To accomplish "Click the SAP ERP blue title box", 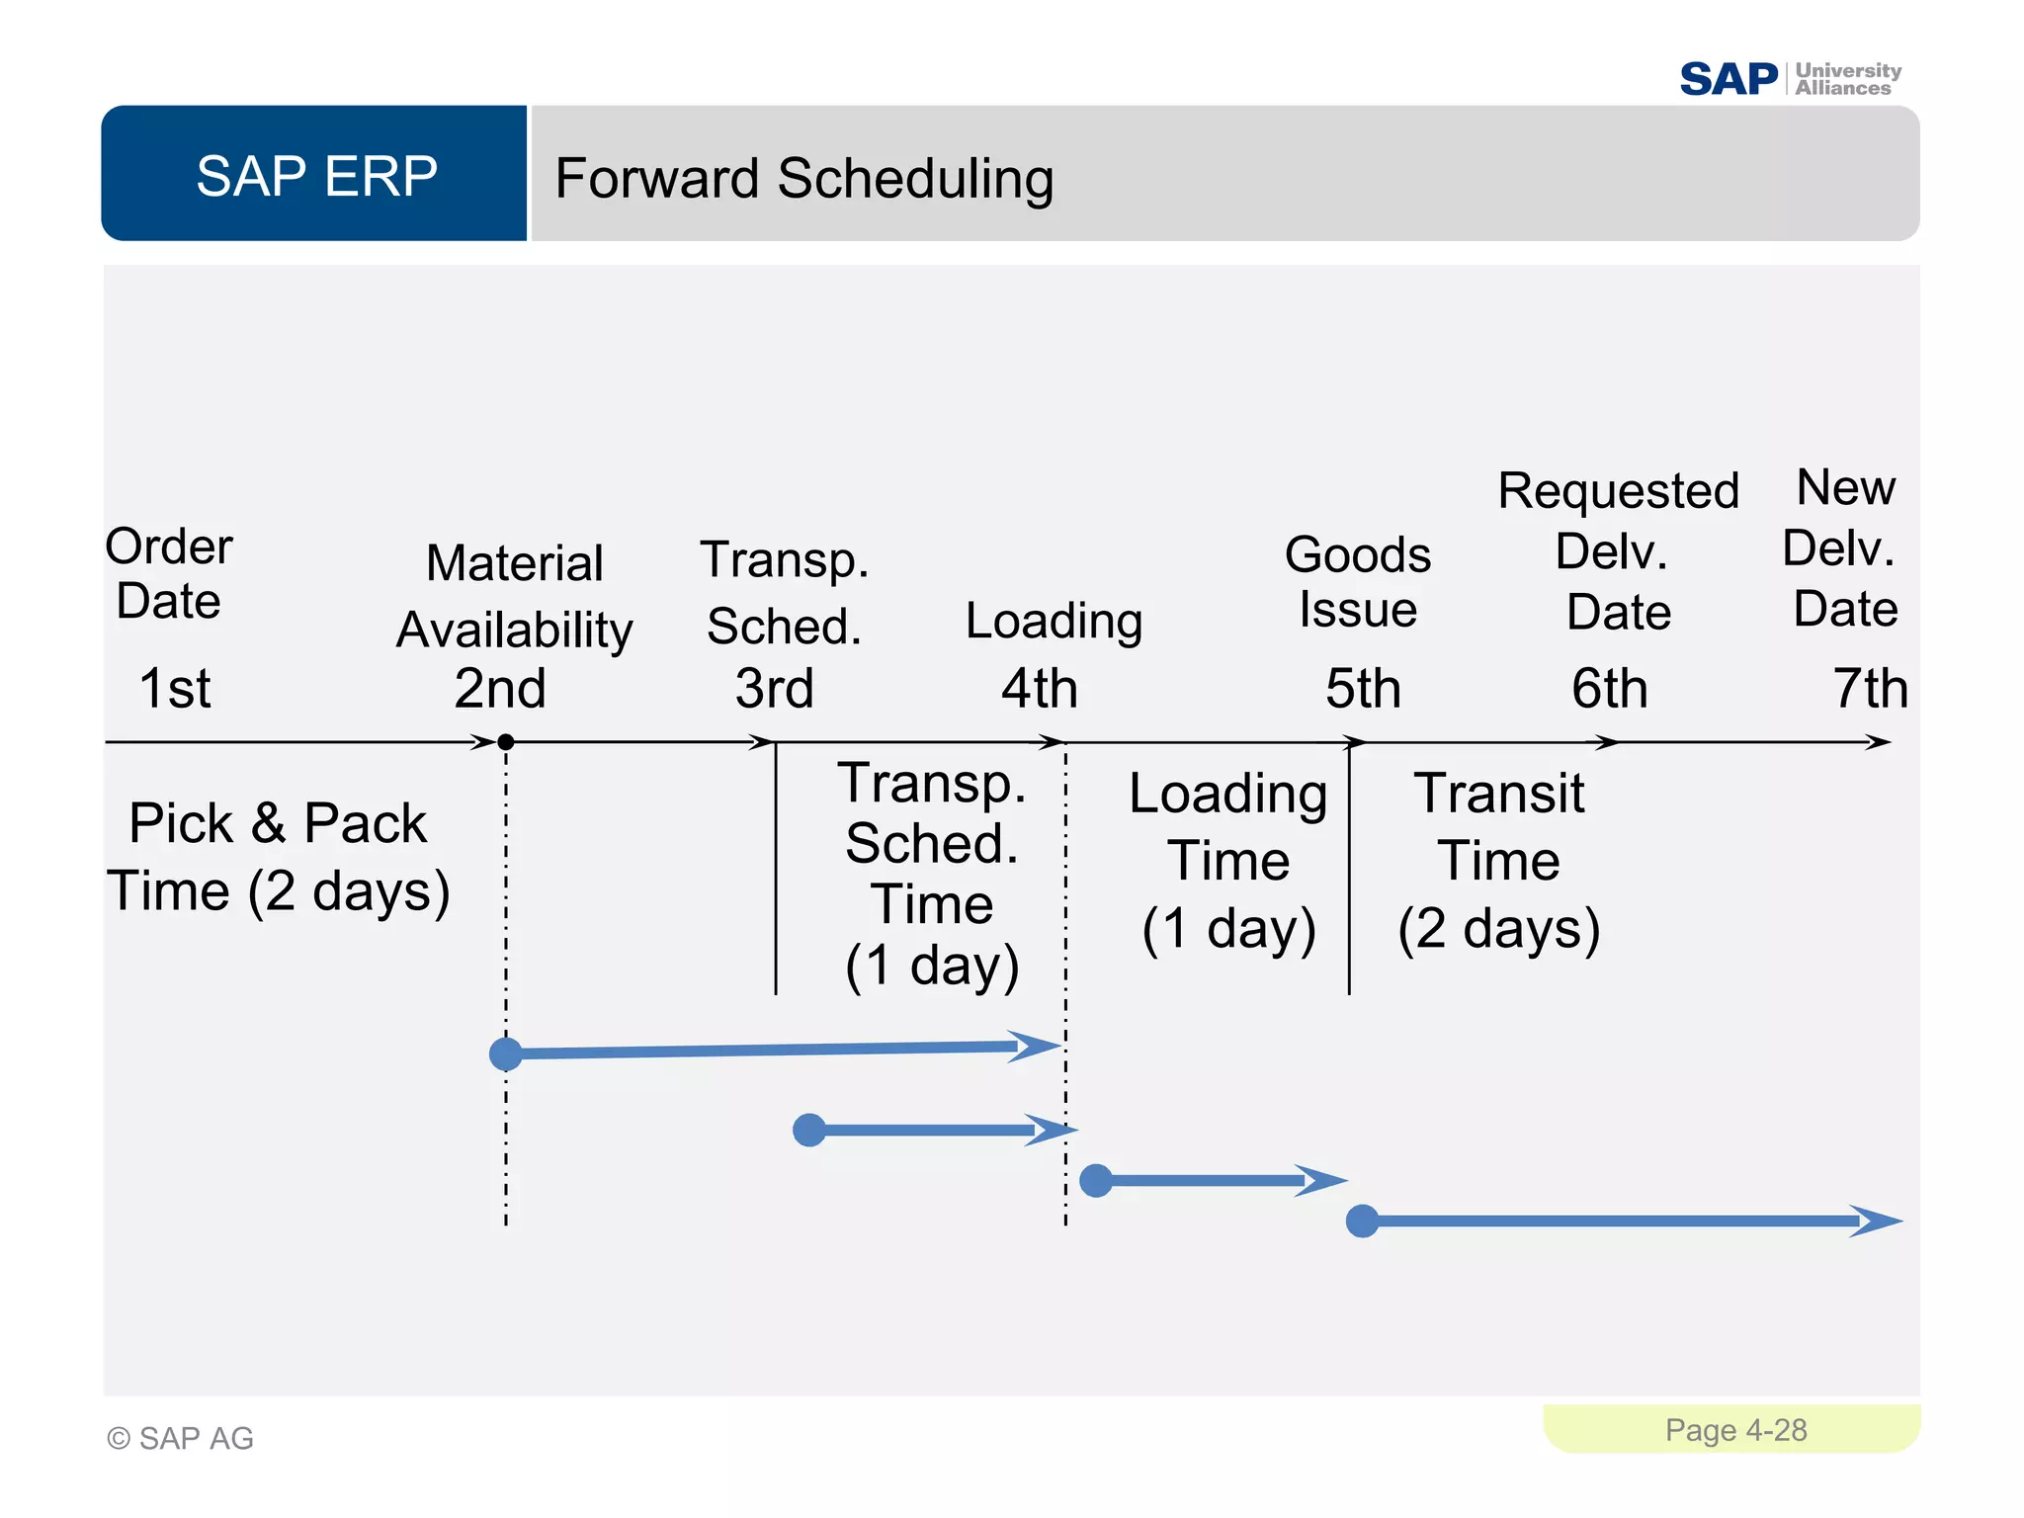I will coord(315,175).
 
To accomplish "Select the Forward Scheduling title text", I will coord(803,179).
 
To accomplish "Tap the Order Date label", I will coord(169,573).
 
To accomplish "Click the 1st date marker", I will coord(175,688).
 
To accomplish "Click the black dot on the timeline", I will coord(505,742).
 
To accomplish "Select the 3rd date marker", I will coord(774,688).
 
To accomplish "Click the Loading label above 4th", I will coord(1054,622).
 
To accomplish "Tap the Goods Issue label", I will coord(1357,581).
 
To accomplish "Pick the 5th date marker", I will coord(1362,688).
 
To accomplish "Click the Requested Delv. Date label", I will coord(1618,550).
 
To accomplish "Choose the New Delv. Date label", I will coord(1844,548).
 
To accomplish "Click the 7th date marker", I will coord(1869,688).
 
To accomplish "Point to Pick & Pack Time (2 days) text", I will coord(278,857).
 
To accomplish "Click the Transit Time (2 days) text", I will coord(1498,861).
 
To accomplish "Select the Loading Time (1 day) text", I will coord(1228,861).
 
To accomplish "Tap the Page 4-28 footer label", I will coord(1734,1430).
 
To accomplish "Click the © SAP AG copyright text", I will coord(181,1438).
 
